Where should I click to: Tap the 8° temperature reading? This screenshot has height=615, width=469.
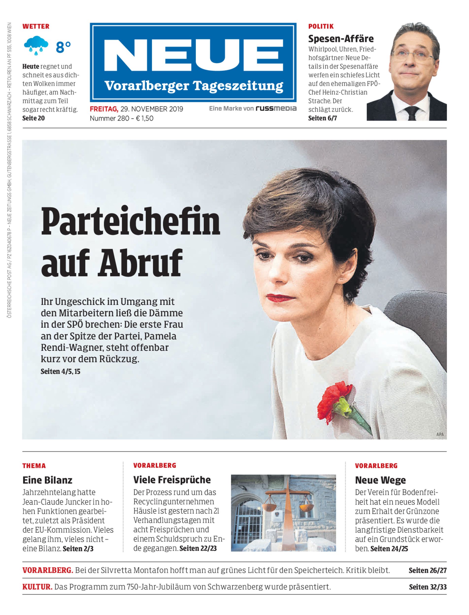(63, 47)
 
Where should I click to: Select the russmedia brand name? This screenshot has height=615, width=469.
(276, 108)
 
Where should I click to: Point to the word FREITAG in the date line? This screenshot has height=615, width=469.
(104, 109)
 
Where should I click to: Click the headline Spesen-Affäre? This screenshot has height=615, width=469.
(341, 38)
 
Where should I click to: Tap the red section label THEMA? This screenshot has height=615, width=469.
(34, 466)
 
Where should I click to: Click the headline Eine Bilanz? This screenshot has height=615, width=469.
(47, 480)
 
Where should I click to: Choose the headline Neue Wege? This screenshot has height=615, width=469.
(380, 480)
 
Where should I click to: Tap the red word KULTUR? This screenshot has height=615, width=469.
(37, 587)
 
